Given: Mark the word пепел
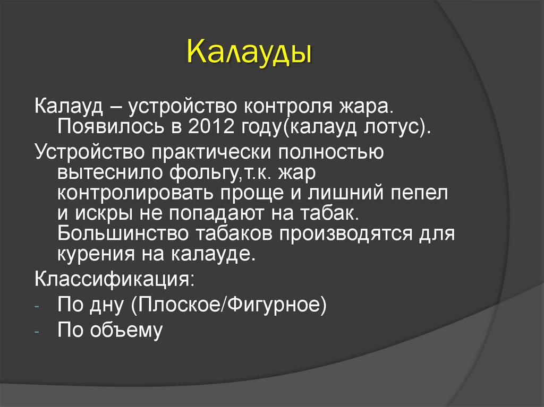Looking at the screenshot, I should click(423, 194).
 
